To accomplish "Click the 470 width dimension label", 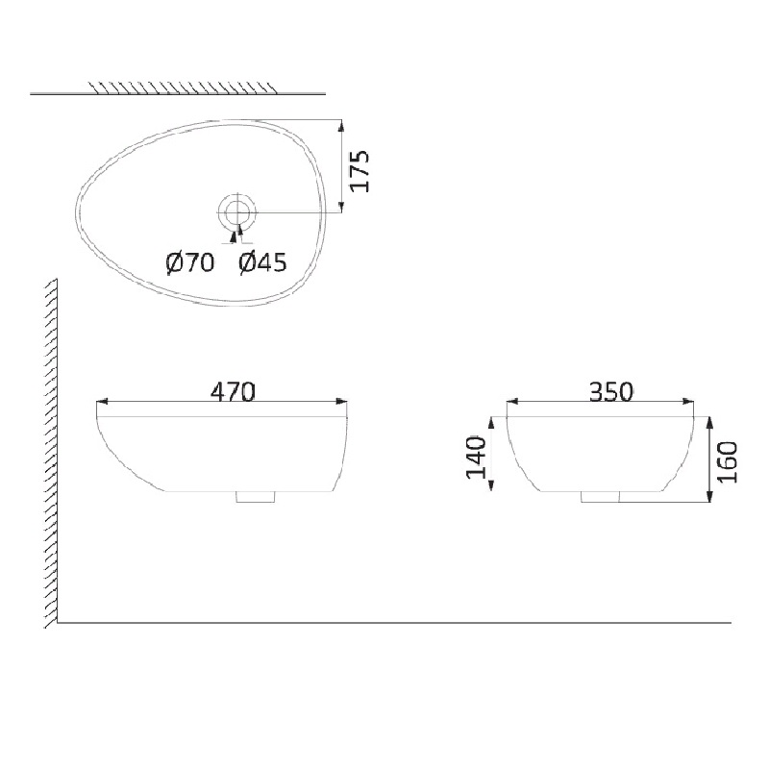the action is [x=233, y=392].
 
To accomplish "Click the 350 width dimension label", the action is [x=611, y=392].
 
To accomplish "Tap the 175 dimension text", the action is [x=360, y=171].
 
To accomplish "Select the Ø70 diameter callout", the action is [x=190, y=262].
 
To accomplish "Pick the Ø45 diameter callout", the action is [x=262, y=262].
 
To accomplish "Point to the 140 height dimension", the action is [x=475, y=457].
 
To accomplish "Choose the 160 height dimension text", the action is [x=728, y=462].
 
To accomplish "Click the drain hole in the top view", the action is [x=236, y=211].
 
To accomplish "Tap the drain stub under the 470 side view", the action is [x=255, y=496].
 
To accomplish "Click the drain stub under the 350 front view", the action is [x=601, y=496].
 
